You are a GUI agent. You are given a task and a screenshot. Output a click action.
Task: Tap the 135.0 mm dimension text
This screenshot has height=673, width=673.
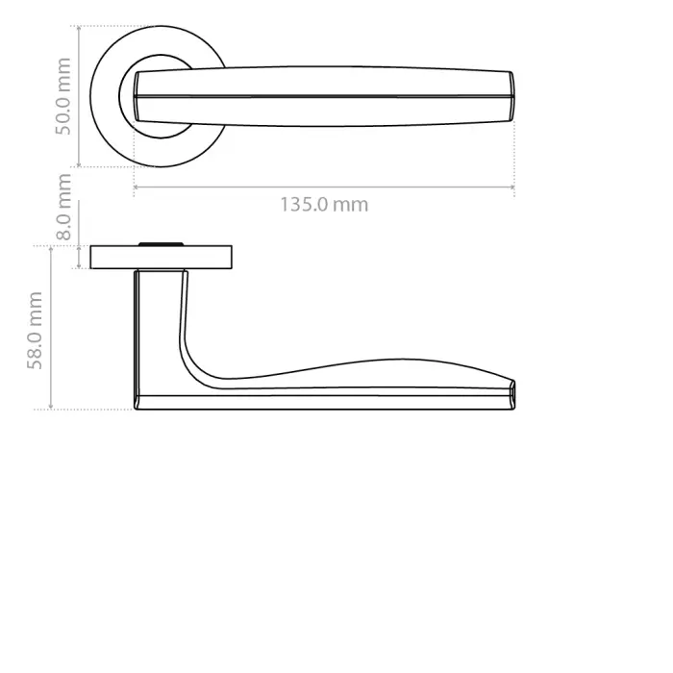click(x=324, y=205)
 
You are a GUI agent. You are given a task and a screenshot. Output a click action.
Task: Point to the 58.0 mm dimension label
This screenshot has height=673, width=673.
click(x=36, y=331)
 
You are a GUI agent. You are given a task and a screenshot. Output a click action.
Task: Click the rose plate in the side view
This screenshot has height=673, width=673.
click(x=162, y=258)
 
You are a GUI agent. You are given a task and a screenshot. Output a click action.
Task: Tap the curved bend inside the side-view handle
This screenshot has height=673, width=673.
click(x=197, y=370)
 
